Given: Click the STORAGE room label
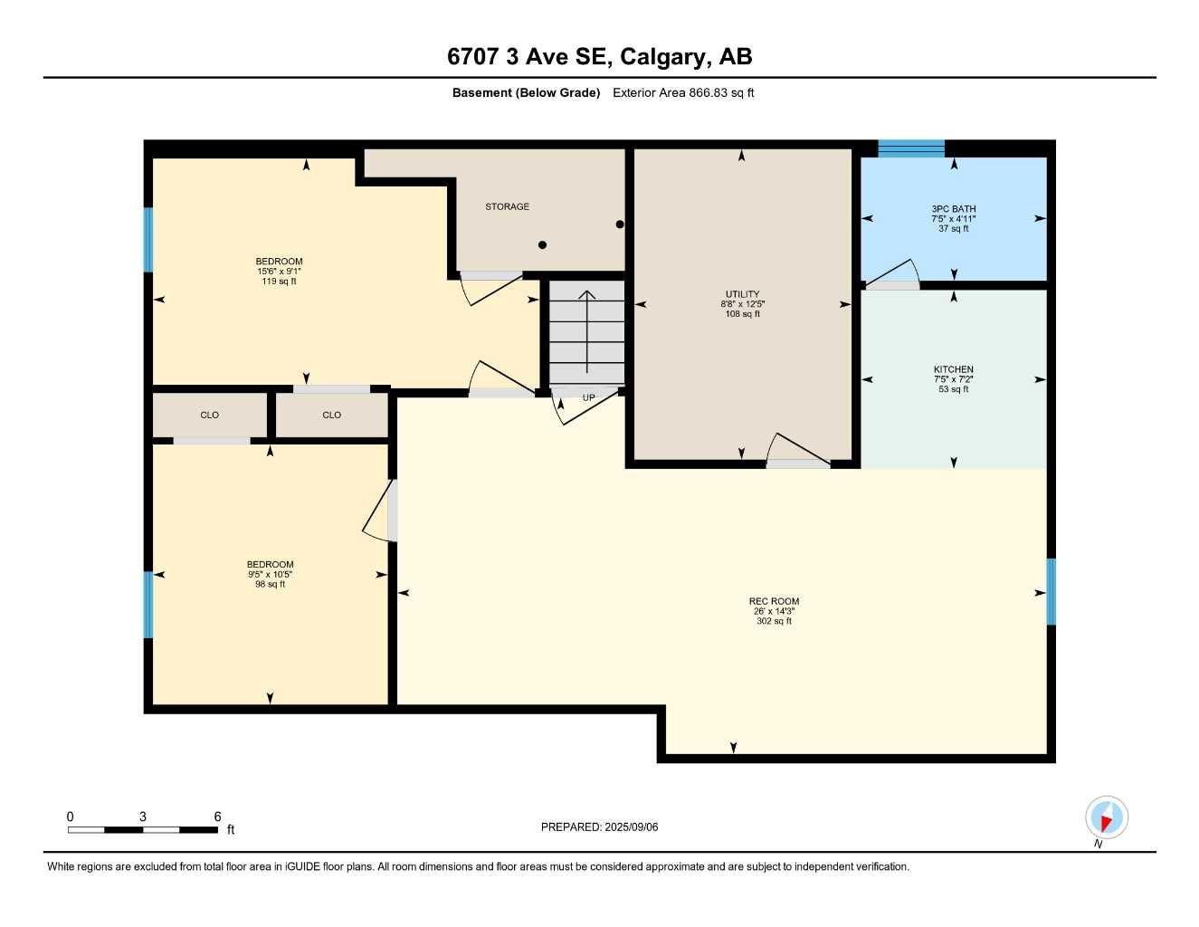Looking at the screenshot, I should click(507, 206).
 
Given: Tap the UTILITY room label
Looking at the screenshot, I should click(742, 294).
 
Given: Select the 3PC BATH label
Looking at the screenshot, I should click(954, 209).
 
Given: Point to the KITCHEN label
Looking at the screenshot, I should click(954, 369).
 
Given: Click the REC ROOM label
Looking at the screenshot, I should click(774, 601).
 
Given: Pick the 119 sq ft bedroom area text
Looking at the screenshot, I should click(279, 282).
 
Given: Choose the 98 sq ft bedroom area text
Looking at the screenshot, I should click(270, 585).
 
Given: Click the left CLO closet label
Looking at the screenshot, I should click(209, 415).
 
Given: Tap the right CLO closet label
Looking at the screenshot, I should click(331, 415).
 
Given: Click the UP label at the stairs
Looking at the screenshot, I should click(588, 397).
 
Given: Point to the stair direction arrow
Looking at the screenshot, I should click(587, 330).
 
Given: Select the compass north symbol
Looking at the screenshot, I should click(1106, 817).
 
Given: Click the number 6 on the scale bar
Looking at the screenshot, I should click(217, 817).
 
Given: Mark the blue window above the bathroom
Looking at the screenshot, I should click(911, 148).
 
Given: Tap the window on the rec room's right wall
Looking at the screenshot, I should click(1051, 592).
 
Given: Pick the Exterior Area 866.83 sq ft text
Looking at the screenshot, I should click(683, 92).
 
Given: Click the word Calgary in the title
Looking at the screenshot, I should click(664, 57).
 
